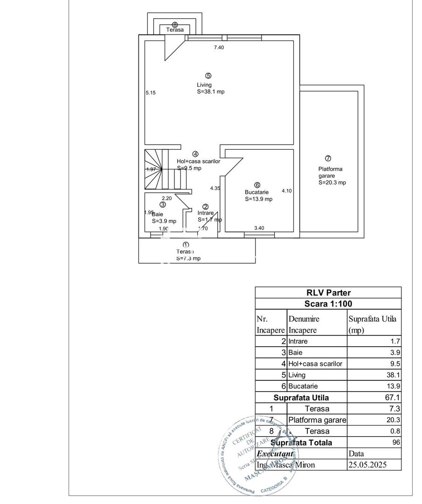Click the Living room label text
(204, 85)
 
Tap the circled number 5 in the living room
(208, 76)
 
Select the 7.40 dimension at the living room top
(219, 47)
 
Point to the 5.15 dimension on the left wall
(150, 93)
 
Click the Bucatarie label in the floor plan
(256, 192)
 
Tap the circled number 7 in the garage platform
(328, 158)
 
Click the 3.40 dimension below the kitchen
(259, 228)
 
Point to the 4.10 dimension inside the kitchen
(286, 190)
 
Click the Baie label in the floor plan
(157, 214)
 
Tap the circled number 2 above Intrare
(206, 207)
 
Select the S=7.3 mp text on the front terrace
(188, 258)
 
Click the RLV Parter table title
(328, 293)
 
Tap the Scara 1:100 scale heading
(328, 303)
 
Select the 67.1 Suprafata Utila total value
(394, 398)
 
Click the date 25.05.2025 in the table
(368, 465)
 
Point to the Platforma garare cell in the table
(317, 420)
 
